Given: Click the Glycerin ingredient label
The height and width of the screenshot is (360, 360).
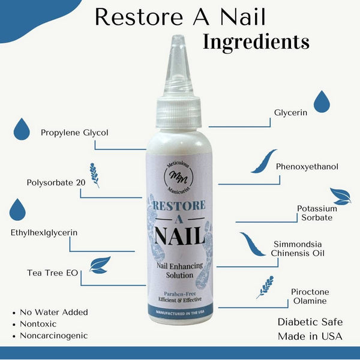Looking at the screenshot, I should click(x=291, y=112).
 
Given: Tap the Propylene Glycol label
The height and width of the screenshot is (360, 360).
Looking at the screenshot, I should click(x=74, y=132).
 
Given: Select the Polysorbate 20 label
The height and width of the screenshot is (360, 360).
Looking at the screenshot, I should click(x=56, y=182).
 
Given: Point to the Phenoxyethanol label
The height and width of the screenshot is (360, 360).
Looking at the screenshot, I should click(x=307, y=166).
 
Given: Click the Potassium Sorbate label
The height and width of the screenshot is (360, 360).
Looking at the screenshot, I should click(x=317, y=213).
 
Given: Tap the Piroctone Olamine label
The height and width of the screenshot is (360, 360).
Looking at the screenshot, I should click(x=310, y=296).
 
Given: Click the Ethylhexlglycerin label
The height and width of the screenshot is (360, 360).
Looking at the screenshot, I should click(x=44, y=232).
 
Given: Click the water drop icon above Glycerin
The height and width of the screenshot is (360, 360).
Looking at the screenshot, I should click(x=322, y=101).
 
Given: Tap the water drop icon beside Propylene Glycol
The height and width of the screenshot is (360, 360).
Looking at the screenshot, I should click(x=22, y=128).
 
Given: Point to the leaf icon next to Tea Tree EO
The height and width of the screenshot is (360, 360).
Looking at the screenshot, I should click(x=100, y=264).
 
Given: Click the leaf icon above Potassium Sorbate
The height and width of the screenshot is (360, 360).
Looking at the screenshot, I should click(x=340, y=196).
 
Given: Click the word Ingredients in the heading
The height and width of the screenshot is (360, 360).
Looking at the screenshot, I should click(x=256, y=41).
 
